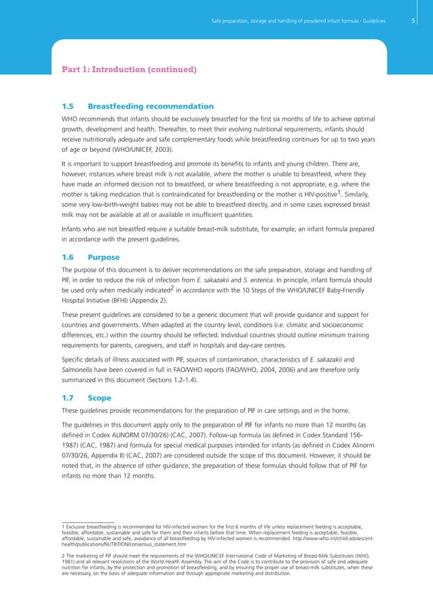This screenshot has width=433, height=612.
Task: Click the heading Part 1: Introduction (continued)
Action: pyautogui.click(x=129, y=69)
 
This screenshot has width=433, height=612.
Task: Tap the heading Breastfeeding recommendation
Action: pyautogui.click(x=151, y=107)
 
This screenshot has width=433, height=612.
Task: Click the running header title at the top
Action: pyautogui.click(x=298, y=21)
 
